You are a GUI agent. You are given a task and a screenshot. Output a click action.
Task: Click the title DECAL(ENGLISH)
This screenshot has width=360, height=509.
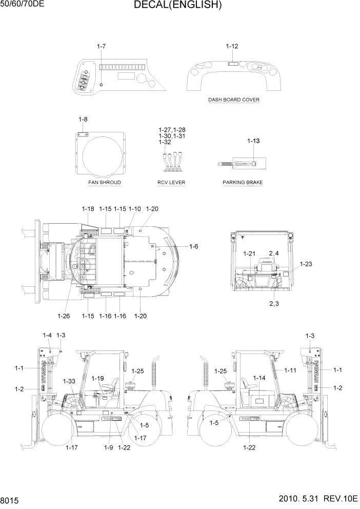(177, 6)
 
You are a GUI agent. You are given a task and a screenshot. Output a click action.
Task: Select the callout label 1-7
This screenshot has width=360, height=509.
(101, 47)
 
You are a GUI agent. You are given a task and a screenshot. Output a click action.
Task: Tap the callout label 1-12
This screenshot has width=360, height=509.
(232, 46)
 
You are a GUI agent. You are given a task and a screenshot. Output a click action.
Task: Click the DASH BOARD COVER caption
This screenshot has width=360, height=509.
(233, 100)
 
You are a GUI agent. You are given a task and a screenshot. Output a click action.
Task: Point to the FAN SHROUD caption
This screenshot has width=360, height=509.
(105, 182)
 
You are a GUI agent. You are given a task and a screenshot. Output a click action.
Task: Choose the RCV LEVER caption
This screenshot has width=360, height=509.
(171, 182)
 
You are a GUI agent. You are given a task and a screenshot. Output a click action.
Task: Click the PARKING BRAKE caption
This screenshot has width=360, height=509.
(243, 182)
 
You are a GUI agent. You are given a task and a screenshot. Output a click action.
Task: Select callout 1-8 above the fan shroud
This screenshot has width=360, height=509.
(83, 120)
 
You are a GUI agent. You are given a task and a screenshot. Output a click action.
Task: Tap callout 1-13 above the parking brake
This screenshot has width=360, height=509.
(253, 141)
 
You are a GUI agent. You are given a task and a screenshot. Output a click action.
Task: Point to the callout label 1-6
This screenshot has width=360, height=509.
(193, 247)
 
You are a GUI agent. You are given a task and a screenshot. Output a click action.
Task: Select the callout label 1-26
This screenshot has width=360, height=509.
(64, 316)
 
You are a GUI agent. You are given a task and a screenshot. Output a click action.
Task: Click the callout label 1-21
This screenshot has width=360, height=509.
(249, 253)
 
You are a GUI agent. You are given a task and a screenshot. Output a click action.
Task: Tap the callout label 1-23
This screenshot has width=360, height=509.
(306, 264)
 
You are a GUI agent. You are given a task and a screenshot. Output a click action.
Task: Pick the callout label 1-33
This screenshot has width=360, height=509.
(69, 381)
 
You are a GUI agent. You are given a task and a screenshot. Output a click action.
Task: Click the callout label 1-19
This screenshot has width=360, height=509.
(98, 378)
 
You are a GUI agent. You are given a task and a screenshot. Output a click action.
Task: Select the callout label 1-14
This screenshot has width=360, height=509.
(259, 378)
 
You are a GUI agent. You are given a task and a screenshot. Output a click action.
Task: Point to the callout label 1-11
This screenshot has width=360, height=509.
(290, 370)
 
